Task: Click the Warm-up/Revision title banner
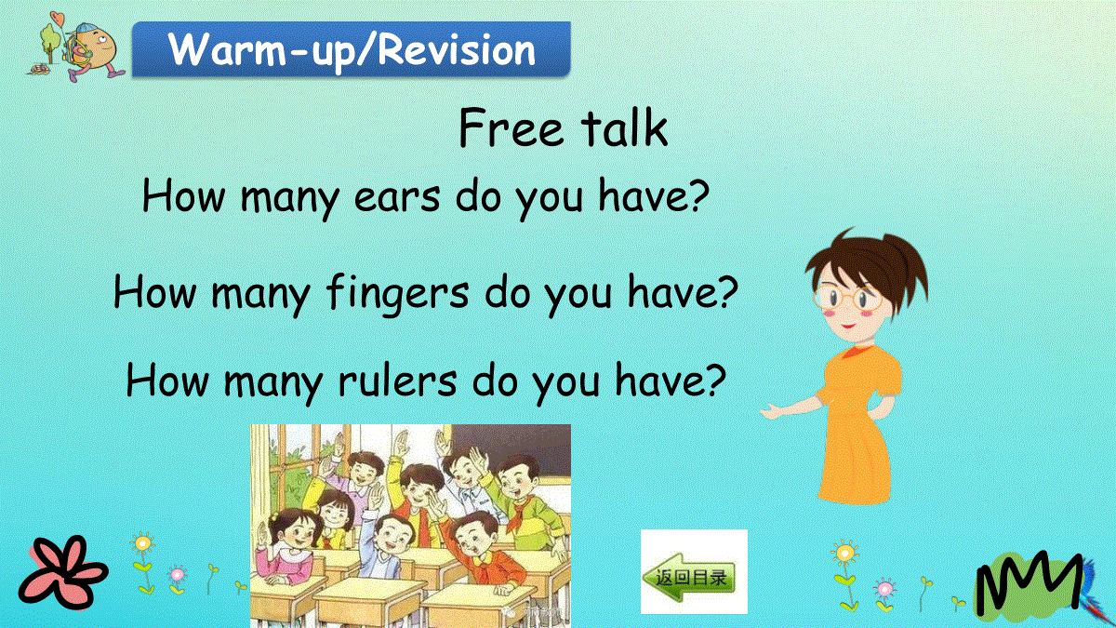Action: (352, 49)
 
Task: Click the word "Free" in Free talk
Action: (511, 127)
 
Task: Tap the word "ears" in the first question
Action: (397, 197)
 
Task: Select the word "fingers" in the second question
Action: (398, 294)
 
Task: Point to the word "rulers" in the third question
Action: (397, 381)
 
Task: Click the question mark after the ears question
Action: (699, 195)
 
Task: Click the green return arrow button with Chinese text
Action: (690, 577)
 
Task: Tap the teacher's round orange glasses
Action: (848, 298)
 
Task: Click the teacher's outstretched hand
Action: (774, 411)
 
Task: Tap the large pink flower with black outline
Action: (63, 573)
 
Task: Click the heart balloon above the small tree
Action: (58, 20)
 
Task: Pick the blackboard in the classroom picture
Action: (513, 445)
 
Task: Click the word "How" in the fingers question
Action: (155, 292)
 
